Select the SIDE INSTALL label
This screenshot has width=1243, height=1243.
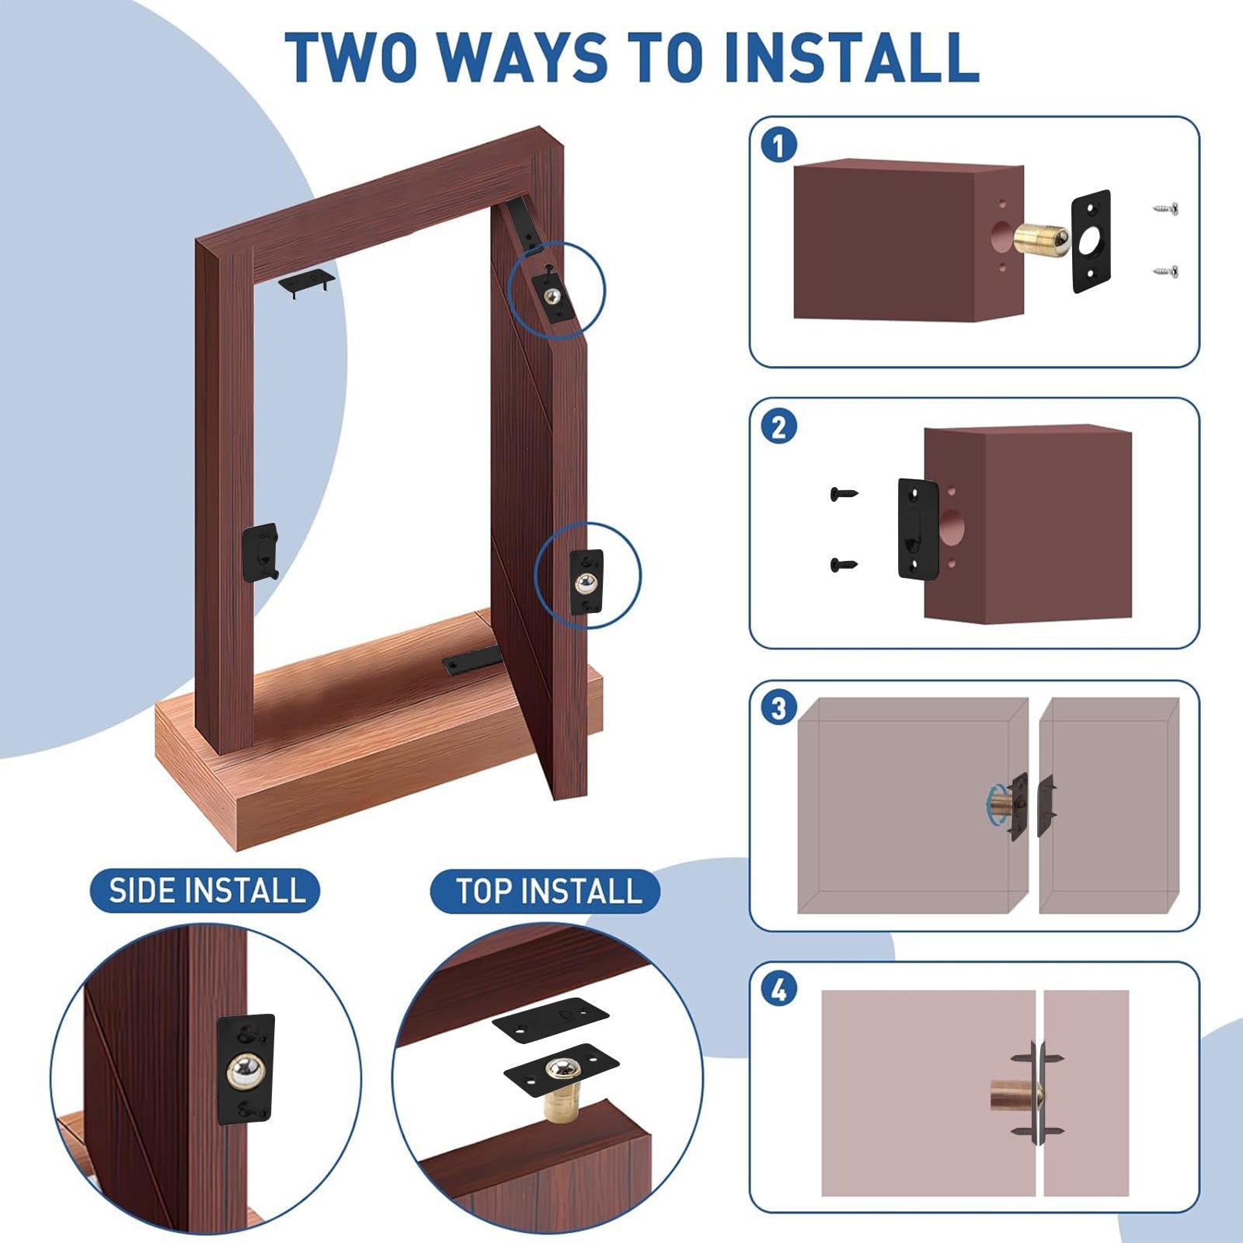[206, 890]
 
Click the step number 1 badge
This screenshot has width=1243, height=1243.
[778, 145]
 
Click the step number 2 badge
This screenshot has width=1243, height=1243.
[778, 427]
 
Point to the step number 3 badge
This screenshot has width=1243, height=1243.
[778, 708]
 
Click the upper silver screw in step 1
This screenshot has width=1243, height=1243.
[1165, 208]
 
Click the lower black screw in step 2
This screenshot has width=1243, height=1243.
[844, 565]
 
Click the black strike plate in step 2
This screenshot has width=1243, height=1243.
[918, 528]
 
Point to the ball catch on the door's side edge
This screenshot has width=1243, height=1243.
[587, 581]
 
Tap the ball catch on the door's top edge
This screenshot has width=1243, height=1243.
[553, 296]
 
